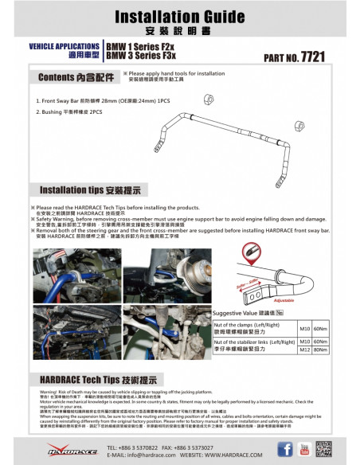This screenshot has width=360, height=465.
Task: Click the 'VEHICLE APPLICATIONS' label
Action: click(65, 47)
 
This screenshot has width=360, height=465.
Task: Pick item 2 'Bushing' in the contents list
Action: click(69, 112)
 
